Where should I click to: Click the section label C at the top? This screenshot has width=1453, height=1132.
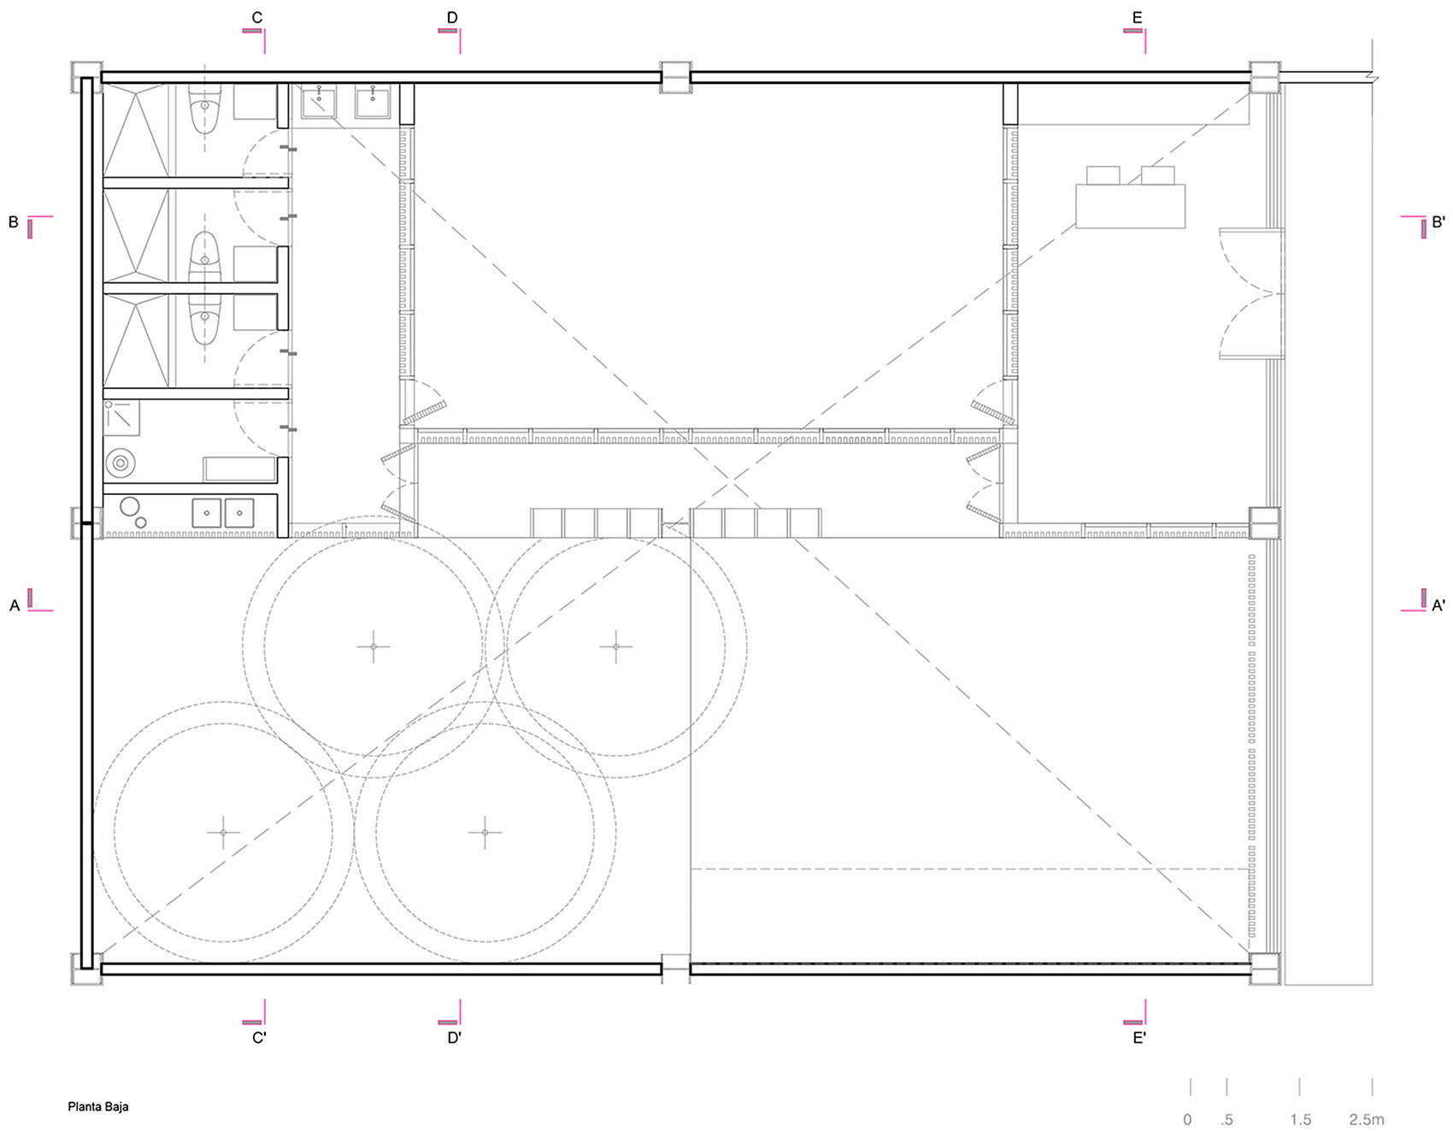[x=257, y=17]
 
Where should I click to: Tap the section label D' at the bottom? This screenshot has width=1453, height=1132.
[x=454, y=1038]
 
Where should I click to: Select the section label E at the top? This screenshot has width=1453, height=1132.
[x=1137, y=17]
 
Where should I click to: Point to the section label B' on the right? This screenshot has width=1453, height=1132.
[x=1438, y=222]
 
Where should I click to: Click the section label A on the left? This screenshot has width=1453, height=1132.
[x=15, y=605]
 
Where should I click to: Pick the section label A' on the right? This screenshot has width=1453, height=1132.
[x=1438, y=605]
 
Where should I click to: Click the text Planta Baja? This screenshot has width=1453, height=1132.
[x=98, y=1106]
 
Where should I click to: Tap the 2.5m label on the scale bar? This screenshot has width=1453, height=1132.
[x=1367, y=1119]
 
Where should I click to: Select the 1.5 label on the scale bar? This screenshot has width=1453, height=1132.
[x=1300, y=1119]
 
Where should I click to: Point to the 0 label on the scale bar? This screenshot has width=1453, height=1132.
[x=1187, y=1119]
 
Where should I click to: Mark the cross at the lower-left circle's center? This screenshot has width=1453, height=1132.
[x=223, y=832]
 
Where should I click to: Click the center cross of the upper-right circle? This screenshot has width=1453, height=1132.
[x=615, y=646]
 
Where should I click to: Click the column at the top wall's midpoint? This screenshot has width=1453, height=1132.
[x=675, y=78]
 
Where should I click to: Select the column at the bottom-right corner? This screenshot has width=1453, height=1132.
[x=1264, y=969]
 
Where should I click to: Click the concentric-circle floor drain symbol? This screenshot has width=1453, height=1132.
[x=121, y=463]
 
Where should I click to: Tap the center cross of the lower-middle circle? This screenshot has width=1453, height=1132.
[x=485, y=832]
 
